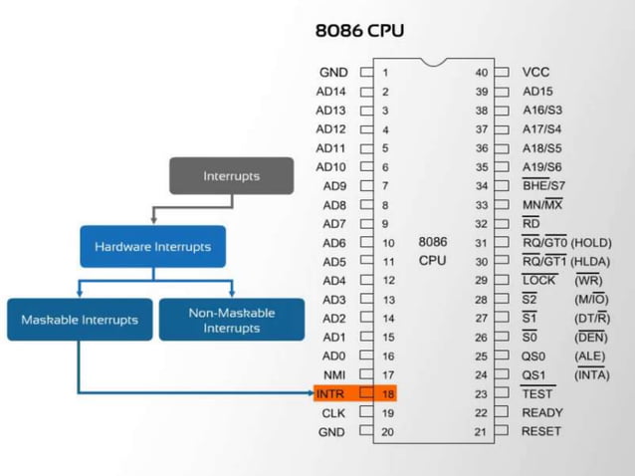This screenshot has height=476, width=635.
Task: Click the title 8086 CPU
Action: click(359, 29)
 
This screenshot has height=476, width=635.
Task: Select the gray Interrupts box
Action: click(231, 176)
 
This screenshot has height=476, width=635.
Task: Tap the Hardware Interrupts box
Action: click(152, 246)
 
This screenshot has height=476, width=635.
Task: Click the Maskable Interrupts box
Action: click(80, 320)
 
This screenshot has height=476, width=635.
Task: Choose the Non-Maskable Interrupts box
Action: click(231, 320)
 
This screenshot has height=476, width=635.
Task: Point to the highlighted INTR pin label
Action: click(330, 393)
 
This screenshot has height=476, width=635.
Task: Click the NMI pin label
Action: click(333, 374)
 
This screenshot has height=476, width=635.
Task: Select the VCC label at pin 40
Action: click(535, 72)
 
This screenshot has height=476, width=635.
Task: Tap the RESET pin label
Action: click(540, 431)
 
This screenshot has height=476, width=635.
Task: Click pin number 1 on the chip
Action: click(385, 72)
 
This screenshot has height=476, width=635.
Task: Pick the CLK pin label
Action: click(332, 412)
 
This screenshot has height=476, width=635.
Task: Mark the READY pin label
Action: click(541, 412)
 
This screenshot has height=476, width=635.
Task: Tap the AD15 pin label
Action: click(537, 91)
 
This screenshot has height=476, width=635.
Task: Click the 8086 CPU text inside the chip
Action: click(432, 251)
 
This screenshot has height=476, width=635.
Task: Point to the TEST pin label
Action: click(536, 393)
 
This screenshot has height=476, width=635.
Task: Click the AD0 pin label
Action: click(333, 356)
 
